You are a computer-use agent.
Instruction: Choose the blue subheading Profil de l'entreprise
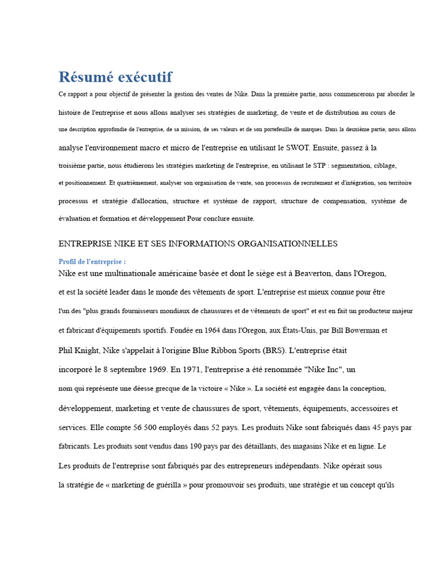(92, 262)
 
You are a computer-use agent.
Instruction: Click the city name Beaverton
(306, 273)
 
